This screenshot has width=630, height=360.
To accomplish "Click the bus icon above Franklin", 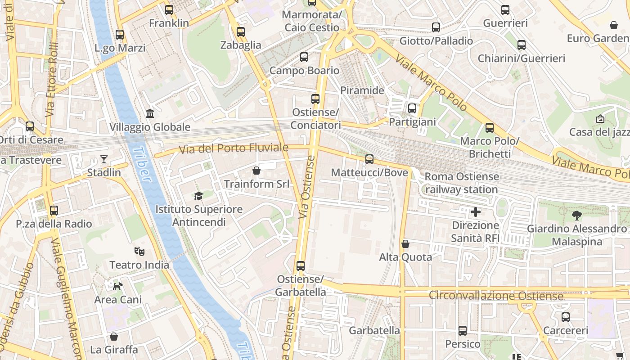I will [169, 9].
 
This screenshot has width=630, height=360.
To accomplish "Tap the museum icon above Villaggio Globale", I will [150, 113].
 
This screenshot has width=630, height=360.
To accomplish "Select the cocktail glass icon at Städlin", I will [104, 159].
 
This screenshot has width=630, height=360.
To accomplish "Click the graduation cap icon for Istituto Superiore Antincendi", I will [198, 196].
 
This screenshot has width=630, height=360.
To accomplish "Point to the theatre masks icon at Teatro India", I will [139, 251].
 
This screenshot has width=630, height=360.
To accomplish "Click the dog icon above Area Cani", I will [118, 286].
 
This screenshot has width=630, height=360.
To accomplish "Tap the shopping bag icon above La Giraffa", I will [114, 336].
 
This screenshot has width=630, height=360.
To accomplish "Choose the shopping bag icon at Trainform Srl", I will [256, 171].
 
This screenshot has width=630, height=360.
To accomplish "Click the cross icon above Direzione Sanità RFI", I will [475, 212].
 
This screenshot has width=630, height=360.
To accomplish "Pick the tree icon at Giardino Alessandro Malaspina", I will [576, 216].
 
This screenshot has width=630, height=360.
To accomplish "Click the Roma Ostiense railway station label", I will [461, 183].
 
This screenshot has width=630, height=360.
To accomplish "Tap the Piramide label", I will [362, 90].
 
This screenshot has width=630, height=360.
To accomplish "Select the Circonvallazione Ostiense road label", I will [496, 296].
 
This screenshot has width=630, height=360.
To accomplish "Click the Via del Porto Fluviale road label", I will [234, 148].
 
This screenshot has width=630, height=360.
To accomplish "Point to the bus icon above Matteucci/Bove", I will [369, 159].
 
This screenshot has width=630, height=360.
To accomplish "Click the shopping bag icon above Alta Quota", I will [405, 244].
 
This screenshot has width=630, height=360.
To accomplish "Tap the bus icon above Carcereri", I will [566, 317].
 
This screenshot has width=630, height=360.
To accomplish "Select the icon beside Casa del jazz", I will [600, 119].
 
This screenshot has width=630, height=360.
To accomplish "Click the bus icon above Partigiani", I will [412, 108].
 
